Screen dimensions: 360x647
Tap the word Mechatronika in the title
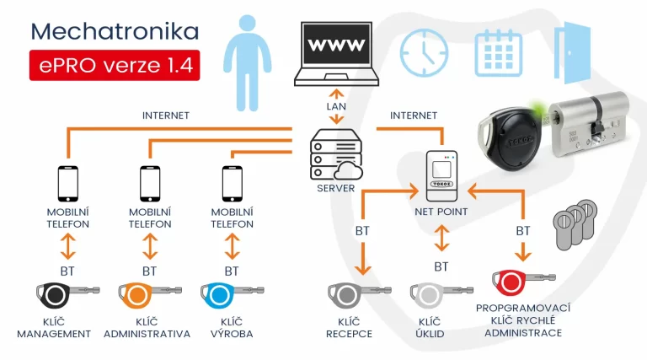pyautogui.click(x=115, y=31)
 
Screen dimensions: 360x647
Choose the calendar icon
pyautogui.click(x=498, y=51)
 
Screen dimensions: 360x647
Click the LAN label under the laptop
pyautogui.click(x=337, y=107)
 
